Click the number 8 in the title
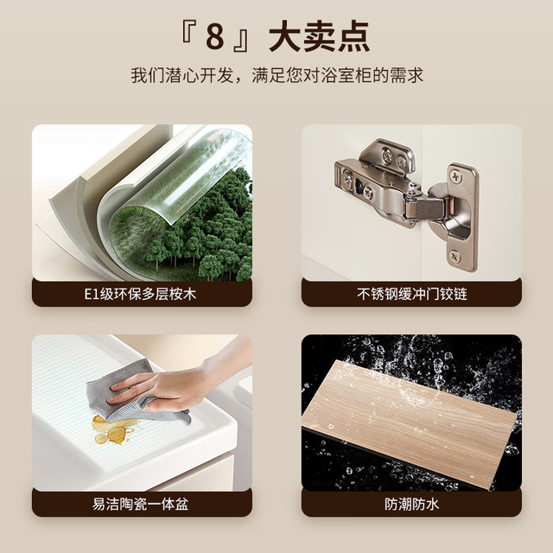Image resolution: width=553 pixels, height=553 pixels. pyautogui.click(x=215, y=36)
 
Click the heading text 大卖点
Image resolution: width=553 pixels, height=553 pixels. pyautogui.click(x=320, y=36)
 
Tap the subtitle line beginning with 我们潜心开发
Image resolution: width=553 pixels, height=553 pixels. pyautogui.click(x=276, y=75)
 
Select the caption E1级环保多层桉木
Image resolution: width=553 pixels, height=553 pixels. pyautogui.click(x=140, y=294)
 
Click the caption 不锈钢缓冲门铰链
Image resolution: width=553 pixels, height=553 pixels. pyautogui.click(x=412, y=294)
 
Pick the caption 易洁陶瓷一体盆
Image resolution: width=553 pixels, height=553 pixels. pyautogui.click(x=140, y=504)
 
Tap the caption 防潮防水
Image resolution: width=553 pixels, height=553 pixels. pyautogui.click(x=412, y=504)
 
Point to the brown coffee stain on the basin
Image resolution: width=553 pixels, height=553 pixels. pyautogui.click(x=111, y=429)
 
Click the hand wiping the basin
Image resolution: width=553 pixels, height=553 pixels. pyautogui.click(x=176, y=385)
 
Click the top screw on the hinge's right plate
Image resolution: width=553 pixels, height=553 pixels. pyautogui.click(x=456, y=175)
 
